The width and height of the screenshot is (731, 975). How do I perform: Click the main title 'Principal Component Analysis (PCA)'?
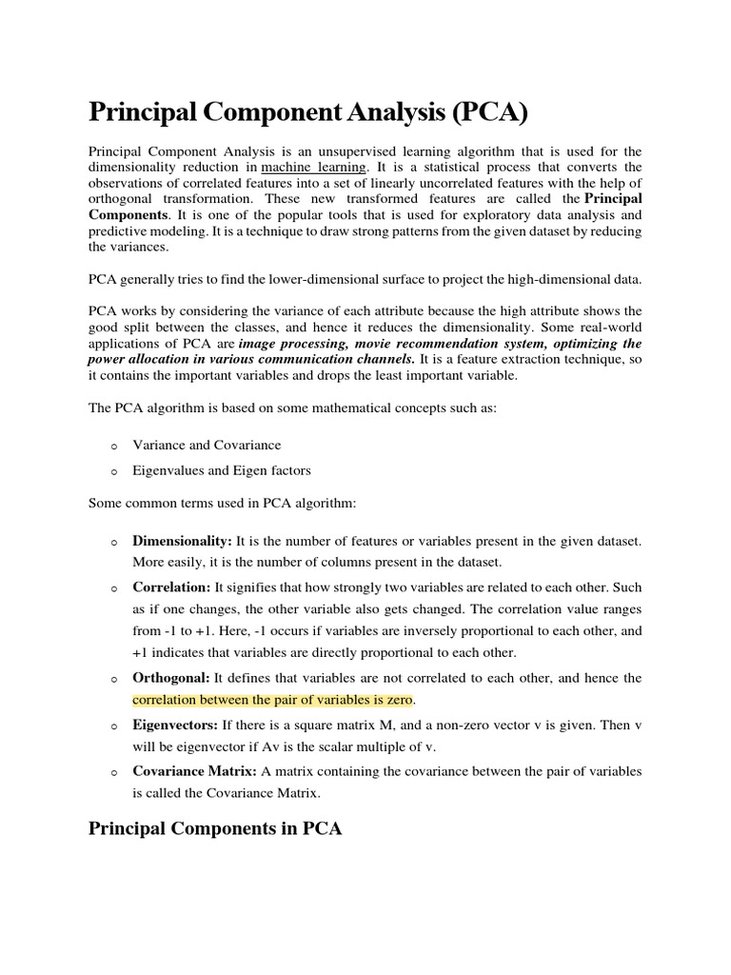click(307, 113)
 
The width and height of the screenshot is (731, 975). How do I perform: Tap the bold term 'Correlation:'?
click(171, 587)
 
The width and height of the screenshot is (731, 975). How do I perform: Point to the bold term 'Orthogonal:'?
click(171, 678)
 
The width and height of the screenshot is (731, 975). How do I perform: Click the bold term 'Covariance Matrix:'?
click(194, 770)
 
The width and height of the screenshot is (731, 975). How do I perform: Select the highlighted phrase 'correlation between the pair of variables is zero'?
click(273, 700)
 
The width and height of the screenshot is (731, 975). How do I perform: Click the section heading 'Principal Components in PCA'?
click(215, 828)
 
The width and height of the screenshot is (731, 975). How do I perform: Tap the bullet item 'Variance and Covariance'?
click(207, 445)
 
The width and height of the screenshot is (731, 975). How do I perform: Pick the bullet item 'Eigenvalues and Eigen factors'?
click(221, 469)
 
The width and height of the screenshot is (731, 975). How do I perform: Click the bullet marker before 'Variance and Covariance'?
click(112, 446)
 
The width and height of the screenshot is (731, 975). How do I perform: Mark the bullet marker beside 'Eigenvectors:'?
click(112, 726)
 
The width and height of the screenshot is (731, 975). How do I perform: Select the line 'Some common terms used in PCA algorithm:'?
click(221, 502)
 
